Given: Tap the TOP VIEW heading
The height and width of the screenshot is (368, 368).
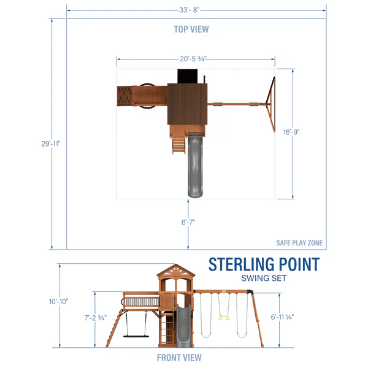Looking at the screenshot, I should tap(191, 29).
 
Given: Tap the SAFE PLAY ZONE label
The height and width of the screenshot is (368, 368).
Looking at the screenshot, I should tap(299, 243).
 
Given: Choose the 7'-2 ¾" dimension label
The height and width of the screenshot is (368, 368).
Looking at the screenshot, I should tap(96, 318).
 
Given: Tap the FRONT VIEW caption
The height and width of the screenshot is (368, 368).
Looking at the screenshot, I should tap(179, 358).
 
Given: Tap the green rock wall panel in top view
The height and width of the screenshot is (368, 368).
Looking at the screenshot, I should tap(125, 96).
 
